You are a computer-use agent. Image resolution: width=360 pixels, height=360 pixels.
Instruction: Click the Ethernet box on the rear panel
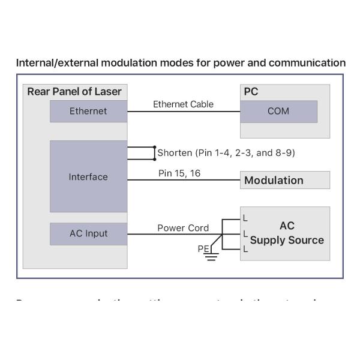(88, 111)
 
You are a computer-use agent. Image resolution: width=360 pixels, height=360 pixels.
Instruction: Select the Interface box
(88, 176)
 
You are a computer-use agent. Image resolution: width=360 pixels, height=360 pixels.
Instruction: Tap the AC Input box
(88, 233)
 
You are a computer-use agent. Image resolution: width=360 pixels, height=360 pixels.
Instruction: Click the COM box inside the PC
(278, 111)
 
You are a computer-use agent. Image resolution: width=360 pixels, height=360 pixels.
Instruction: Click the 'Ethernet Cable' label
(183, 104)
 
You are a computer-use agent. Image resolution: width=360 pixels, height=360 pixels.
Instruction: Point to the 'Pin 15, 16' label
(179, 173)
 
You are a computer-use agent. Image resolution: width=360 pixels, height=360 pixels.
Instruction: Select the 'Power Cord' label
(183, 228)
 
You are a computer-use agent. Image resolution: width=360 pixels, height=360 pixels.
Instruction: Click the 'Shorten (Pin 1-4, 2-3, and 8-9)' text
(226, 152)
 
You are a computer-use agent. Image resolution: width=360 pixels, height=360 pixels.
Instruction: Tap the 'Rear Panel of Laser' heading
(74, 92)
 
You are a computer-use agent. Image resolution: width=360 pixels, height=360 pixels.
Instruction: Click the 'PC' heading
(251, 92)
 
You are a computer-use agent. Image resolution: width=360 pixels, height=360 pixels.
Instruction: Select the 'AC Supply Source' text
(287, 233)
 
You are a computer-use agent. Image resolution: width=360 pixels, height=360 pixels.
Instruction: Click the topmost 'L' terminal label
(245, 217)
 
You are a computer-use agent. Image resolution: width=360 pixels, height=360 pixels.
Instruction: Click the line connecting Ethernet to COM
(184, 111)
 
